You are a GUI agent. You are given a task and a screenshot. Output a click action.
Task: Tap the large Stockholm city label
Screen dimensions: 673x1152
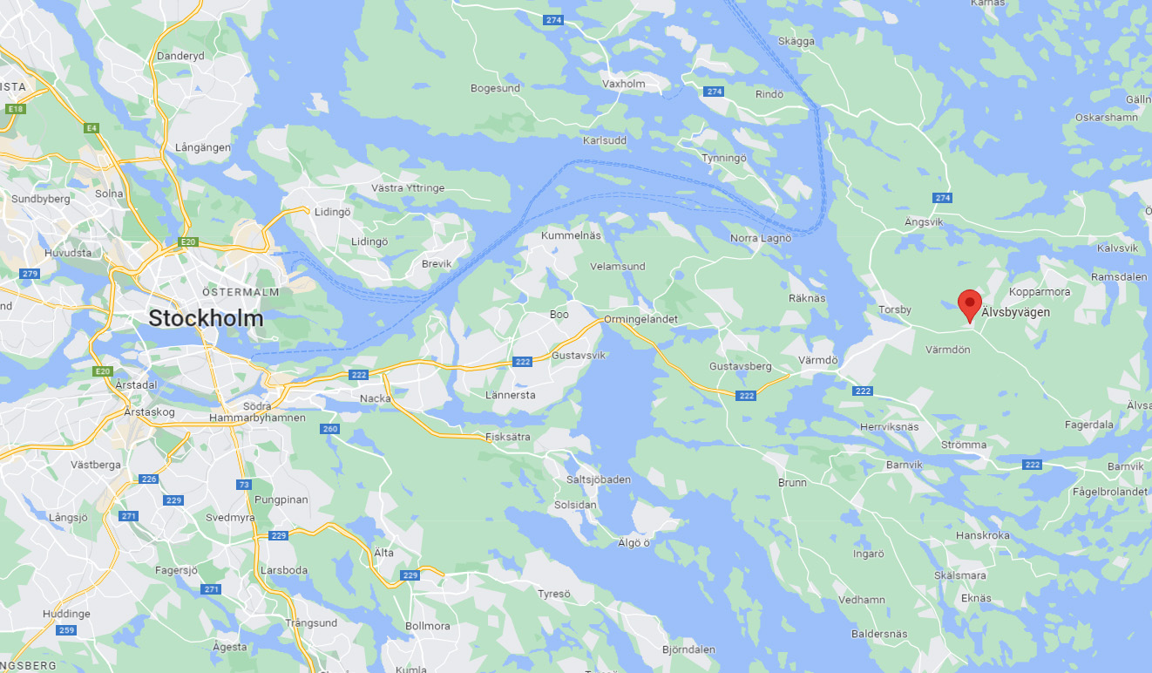point(206,318)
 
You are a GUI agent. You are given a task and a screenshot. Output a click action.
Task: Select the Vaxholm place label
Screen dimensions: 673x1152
point(623,84)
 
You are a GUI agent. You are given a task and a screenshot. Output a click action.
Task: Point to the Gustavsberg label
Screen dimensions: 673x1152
point(741,366)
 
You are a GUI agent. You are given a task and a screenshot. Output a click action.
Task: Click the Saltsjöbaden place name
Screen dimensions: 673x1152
point(598,479)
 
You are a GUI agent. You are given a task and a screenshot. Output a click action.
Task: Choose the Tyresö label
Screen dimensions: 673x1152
point(553,594)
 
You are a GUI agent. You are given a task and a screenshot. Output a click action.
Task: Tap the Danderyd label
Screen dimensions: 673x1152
point(180,56)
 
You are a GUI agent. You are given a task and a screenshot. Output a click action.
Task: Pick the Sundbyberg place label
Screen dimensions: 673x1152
point(41,199)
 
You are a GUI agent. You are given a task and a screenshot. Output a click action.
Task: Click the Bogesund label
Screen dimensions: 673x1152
point(495,88)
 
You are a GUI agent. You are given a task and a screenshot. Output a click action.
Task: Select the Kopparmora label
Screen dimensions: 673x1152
point(1039,291)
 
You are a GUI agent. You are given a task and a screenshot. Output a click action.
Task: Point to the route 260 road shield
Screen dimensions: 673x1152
point(329,428)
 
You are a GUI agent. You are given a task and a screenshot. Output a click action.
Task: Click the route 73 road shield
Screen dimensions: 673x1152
point(244,484)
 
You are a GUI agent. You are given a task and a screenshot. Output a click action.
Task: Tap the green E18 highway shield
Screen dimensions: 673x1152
point(15,109)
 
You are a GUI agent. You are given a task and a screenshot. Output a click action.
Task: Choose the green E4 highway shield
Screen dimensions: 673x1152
point(91,128)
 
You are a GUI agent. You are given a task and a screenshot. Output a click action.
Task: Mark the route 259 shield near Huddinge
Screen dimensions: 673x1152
point(66,630)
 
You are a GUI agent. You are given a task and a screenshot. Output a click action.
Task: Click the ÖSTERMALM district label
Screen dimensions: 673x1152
point(241,292)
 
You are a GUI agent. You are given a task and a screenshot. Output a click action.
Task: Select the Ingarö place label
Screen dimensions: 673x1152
point(868,554)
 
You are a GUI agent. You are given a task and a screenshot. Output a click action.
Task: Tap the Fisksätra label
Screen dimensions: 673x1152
point(508,437)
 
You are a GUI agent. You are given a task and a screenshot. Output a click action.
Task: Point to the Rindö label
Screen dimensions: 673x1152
point(769,94)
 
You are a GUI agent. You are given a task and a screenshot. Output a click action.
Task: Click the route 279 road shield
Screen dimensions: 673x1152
point(30,274)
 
